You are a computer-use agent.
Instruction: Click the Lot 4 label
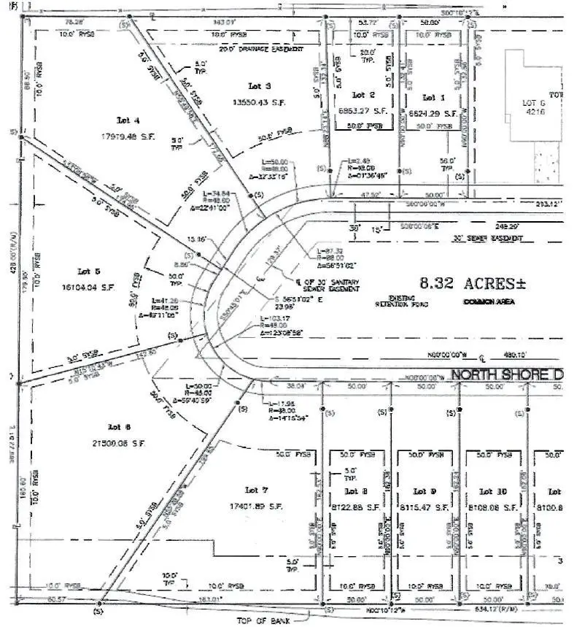(128, 120)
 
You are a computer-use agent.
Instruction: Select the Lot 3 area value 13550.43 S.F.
(258, 103)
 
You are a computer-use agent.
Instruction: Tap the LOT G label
(530, 104)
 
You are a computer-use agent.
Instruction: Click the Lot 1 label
(433, 97)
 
